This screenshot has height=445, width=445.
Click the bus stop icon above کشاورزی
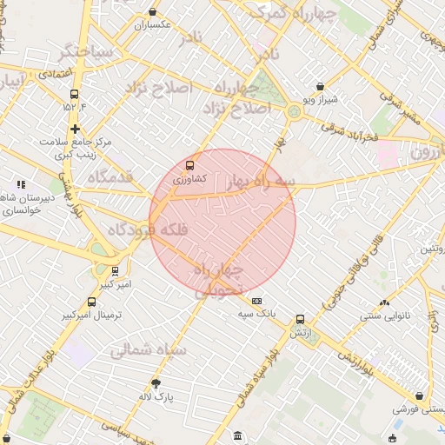coord(189,165)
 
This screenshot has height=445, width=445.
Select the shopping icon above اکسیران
coord(154,12)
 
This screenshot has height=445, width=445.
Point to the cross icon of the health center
coord(76,129)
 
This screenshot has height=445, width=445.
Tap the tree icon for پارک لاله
coord(156,383)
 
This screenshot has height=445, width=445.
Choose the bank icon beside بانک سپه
coord(256,300)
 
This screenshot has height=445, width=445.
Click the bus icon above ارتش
coord(300,320)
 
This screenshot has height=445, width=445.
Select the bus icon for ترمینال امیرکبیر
coord(91,302)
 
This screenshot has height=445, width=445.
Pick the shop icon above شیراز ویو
coord(321,87)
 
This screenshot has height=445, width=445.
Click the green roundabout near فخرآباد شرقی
coord(294,111)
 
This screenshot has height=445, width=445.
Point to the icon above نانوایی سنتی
coord(384,302)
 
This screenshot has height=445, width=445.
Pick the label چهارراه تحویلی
coord(213,281)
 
